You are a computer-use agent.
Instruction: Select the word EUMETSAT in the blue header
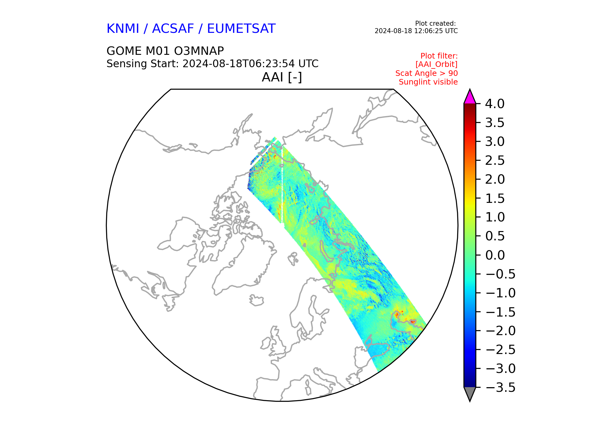point(241,28)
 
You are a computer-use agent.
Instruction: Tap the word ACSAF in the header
point(173,28)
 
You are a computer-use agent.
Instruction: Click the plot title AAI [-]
point(282,77)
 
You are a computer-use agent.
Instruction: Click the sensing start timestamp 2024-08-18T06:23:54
point(239,63)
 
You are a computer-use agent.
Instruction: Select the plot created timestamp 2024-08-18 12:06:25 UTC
point(416,31)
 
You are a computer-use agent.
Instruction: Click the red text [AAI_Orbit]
point(437,64)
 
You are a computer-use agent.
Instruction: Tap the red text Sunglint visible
point(428,82)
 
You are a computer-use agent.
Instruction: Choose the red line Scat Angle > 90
point(427,73)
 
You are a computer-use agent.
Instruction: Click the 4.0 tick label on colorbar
point(495,104)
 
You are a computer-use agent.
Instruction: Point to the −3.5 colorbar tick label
point(500,387)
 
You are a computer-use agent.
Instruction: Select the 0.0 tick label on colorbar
point(495,255)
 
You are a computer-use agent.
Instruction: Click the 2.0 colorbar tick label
point(495,179)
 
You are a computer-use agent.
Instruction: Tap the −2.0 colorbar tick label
point(500,331)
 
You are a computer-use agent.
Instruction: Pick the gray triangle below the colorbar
point(470,393)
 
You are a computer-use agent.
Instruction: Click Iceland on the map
point(256,300)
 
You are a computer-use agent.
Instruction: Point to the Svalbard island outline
point(293,259)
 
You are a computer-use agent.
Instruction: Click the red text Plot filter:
point(439,56)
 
